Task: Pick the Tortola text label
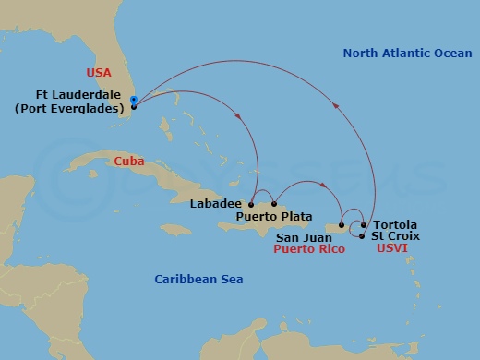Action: coord(396,224)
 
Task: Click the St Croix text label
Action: coord(396,236)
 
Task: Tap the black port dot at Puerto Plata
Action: coord(274,204)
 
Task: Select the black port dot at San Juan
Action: coord(342,224)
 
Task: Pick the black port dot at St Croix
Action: coord(361,236)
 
